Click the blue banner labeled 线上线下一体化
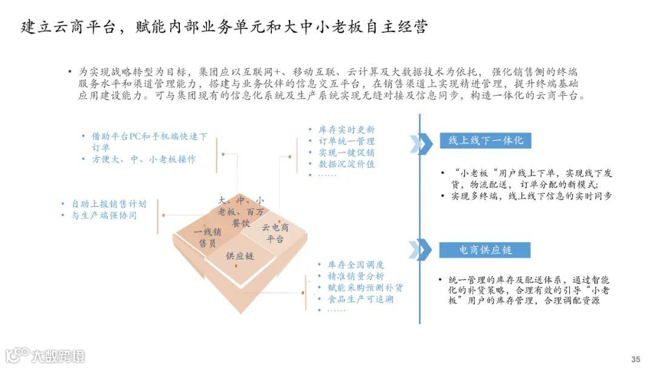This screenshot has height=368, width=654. pos(486,141)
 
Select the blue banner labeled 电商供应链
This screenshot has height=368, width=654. pos(486,250)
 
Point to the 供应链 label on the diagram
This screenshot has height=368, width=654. pos(240,256)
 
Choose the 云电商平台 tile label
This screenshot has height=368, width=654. pos(275,233)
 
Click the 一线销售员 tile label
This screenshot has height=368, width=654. pos(208,238)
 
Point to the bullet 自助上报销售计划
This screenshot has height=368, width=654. pos(108,204)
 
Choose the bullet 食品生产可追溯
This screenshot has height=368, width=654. pos(360,299)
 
